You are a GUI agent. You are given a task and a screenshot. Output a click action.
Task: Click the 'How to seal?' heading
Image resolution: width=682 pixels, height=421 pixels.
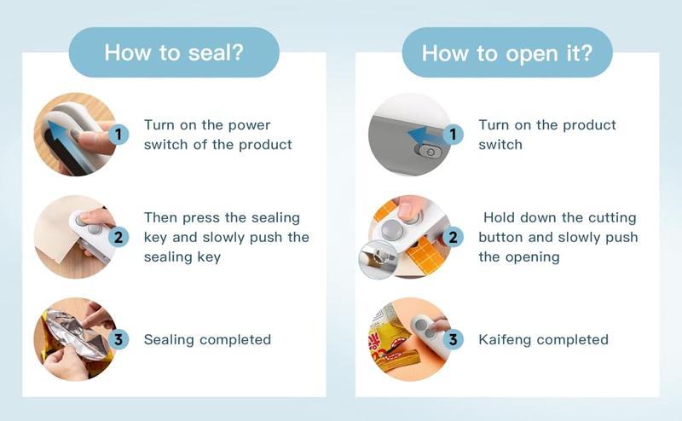coord(174,52)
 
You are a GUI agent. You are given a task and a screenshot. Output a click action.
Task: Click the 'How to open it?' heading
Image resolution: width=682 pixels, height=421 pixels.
coord(506,52)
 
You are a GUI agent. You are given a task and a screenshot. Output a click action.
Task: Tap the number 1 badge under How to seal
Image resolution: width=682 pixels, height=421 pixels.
coord(119,134)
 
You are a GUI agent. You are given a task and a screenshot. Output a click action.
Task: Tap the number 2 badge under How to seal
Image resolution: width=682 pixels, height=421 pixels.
coord(119,237)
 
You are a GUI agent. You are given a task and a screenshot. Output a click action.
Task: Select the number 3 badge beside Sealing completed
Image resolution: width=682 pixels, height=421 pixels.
coord(119,339)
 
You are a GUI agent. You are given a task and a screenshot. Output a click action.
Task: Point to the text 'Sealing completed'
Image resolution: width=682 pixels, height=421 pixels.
coord(207,340)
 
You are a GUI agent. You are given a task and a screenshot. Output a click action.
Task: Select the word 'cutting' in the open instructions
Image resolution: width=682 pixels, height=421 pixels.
coord(610,218)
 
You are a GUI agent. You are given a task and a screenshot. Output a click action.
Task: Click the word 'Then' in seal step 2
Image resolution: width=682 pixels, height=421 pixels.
coord(161,218)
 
